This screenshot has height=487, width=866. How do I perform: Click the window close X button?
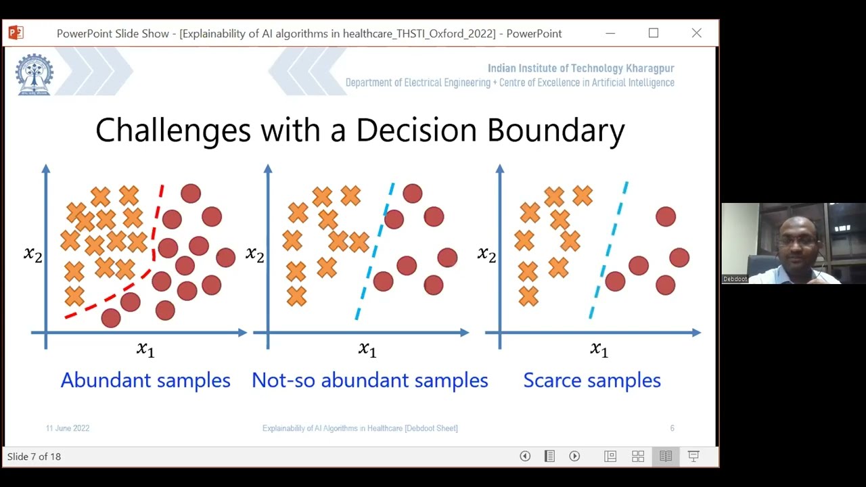click(x=696, y=33)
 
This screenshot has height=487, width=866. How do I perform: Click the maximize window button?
click(x=654, y=33)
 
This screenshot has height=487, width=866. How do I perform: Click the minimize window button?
click(x=610, y=33)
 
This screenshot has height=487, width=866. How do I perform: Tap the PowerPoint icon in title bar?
click(x=16, y=32)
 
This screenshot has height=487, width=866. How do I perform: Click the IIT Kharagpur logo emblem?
click(x=35, y=74)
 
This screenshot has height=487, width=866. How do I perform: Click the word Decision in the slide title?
click(x=414, y=130)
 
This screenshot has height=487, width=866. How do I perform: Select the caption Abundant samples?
click(x=145, y=380)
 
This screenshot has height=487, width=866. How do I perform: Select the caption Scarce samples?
click(x=592, y=380)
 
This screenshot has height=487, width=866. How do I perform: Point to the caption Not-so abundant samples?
click(x=369, y=380)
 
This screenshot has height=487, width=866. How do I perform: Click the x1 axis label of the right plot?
click(x=599, y=349)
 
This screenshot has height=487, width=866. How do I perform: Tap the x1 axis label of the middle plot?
click(x=367, y=349)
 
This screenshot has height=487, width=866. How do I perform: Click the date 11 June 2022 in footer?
click(x=68, y=428)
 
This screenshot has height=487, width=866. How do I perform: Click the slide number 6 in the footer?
click(x=672, y=428)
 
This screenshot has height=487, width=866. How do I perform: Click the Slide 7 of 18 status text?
click(x=34, y=457)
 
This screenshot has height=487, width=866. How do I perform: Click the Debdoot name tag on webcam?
click(x=735, y=279)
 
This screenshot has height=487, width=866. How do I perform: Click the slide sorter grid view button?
click(x=638, y=457)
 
